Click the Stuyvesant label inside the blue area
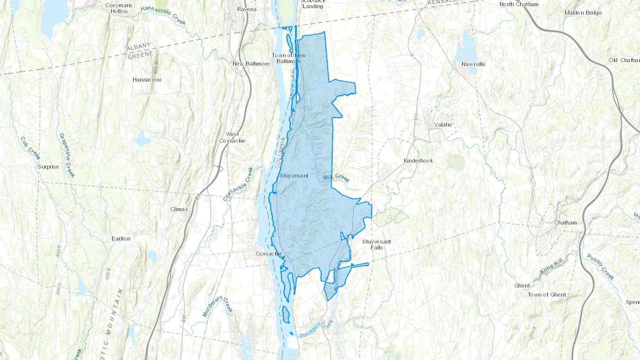[x=294, y=176]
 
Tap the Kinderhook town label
[x=418, y=161]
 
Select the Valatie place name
[x=443, y=125]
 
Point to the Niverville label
[x=473, y=64]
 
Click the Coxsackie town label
[x=269, y=254]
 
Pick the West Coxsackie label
[x=232, y=138]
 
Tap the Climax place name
[x=179, y=209]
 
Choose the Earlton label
[x=121, y=238]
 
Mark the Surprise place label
[x=48, y=167]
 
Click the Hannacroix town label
[x=147, y=80]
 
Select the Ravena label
[x=247, y=9]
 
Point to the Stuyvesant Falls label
[x=377, y=245]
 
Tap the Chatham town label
[x=565, y=223]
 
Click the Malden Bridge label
[x=583, y=13]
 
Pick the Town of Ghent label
[x=546, y=295]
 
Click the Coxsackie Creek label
[x=238, y=184]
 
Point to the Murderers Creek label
[x=217, y=306]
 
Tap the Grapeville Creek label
[x=67, y=155]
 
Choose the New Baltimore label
[x=251, y=64]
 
